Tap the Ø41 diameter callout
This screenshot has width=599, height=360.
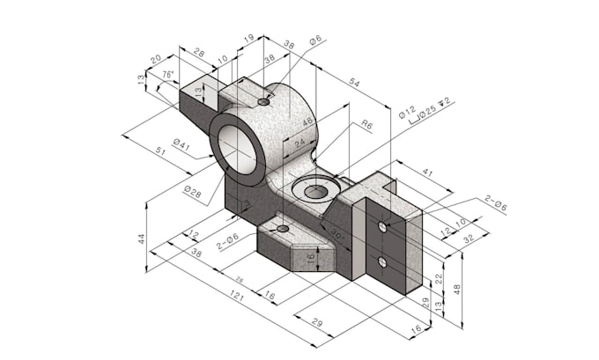[181, 143]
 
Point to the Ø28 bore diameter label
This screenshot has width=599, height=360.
[192, 189]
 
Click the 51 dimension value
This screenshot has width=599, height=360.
[160, 151]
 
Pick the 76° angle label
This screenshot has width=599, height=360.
[167, 76]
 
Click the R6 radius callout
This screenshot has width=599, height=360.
[366, 126]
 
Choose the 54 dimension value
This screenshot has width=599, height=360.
[355, 82]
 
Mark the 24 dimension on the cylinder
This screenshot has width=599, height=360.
[299, 141]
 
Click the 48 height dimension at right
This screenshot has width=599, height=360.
[457, 288]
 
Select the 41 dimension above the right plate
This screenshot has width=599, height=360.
[427, 173]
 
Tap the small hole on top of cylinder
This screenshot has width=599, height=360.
[263, 102]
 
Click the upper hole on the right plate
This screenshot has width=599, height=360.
[382, 227]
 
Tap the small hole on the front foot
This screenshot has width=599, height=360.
[282, 229]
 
